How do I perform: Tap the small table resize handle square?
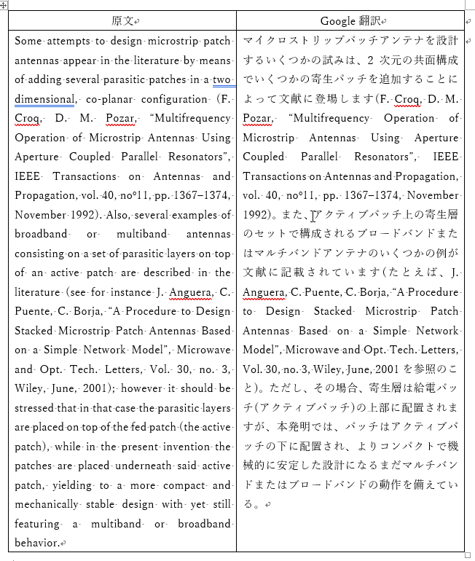(468, 555)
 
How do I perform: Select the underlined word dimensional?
(44, 99)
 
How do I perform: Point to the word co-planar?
(107, 99)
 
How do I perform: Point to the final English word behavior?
(36, 543)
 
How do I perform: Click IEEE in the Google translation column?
(445, 157)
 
